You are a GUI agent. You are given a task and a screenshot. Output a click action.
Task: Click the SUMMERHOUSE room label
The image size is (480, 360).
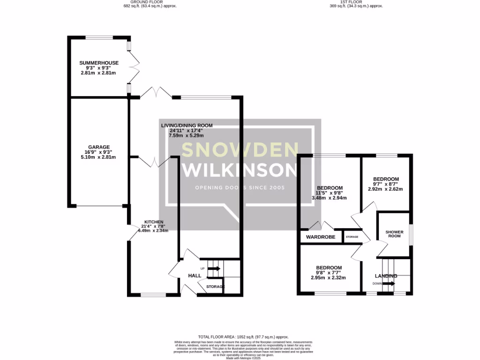[x=98, y=63]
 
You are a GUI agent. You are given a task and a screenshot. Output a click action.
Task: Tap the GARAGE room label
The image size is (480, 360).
[x=98, y=146]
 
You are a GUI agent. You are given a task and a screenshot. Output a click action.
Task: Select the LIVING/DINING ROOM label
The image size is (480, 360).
[x=187, y=126]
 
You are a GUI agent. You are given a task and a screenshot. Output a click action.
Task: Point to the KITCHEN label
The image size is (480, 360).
[x=154, y=221]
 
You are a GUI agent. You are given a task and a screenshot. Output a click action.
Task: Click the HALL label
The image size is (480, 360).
[x=195, y=276]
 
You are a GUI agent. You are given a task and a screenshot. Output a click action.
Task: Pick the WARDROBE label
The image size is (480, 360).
[x=321, y=237]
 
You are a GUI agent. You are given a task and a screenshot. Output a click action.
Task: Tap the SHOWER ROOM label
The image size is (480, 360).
[x=393, y=234]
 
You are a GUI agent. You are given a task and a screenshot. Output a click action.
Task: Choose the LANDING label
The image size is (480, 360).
[x=386, y=276]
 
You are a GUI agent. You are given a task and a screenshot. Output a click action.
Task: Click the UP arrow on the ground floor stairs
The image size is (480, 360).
[x=214, y=269]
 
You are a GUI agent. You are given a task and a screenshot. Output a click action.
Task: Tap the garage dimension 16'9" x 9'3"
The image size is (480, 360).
[x=98, y=152]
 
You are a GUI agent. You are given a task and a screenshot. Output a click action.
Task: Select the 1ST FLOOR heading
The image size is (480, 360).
[x=356, y=2]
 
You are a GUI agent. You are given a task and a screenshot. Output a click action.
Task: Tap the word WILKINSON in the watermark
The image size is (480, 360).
[x=240, y=170]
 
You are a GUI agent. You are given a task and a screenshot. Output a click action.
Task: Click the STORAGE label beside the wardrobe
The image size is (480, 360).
[x=352, y=237]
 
